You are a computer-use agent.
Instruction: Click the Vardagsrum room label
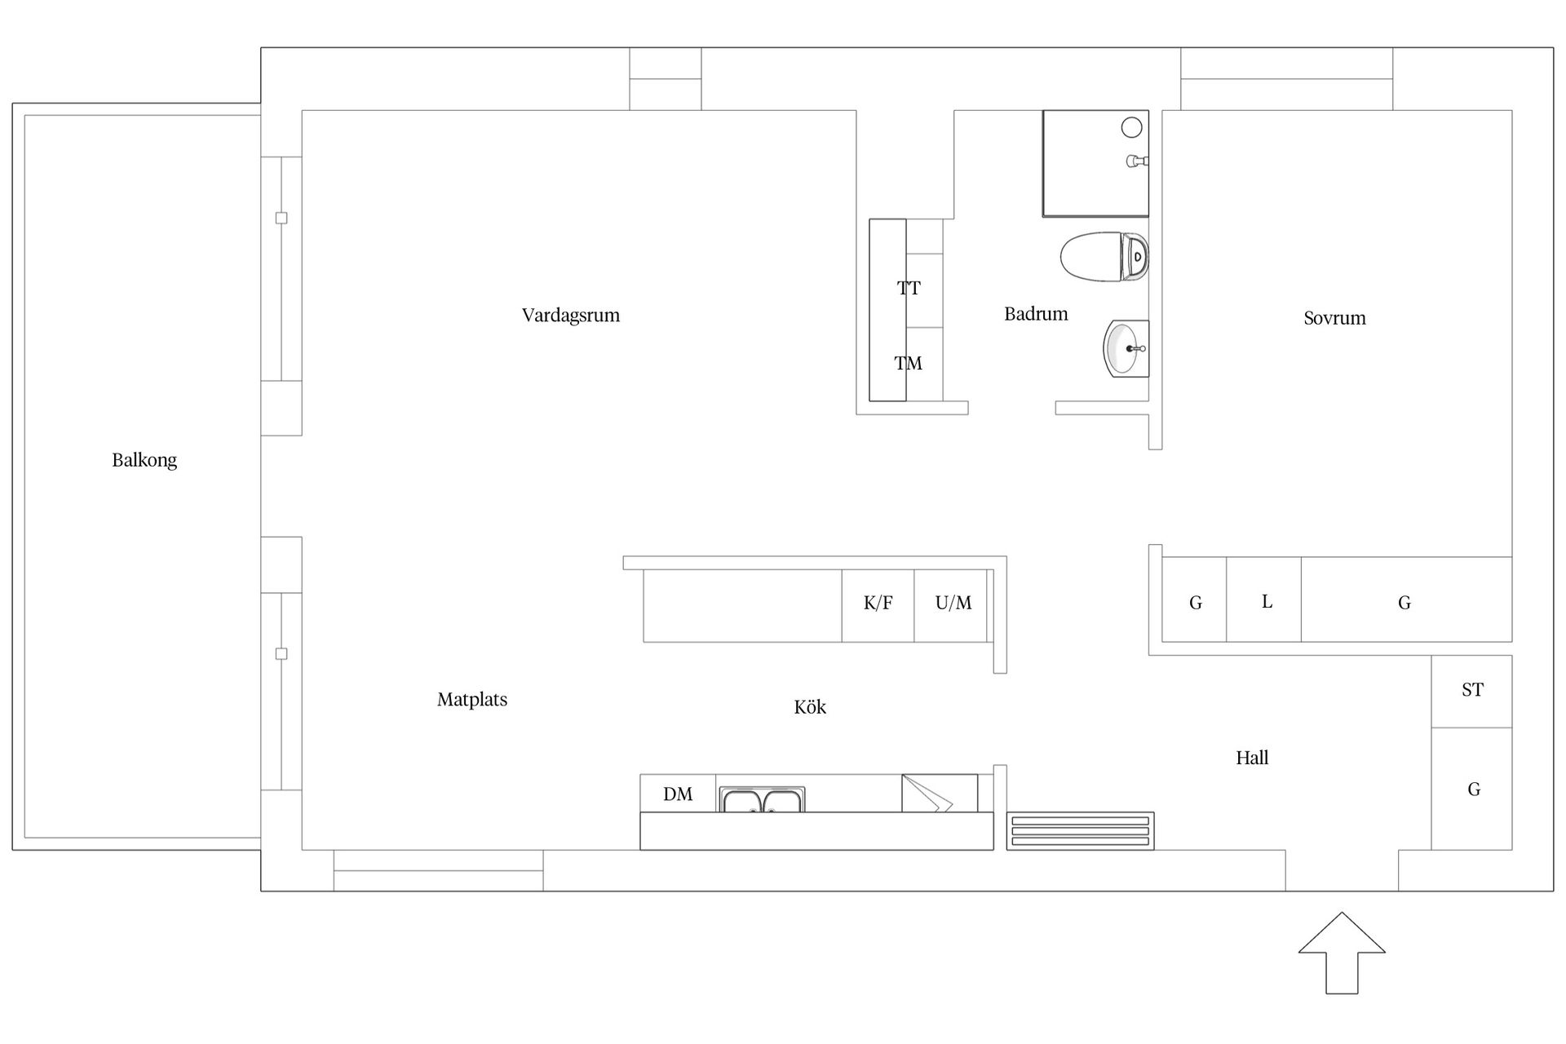571,316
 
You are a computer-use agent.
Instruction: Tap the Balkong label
144,460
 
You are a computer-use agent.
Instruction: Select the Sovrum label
1334,318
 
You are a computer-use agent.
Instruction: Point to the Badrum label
1036,314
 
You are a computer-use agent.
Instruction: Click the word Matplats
472,700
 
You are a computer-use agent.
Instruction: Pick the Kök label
810,707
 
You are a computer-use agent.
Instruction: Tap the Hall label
1252,759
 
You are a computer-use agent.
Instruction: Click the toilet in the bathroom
1104,257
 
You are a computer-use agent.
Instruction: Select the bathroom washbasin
1126,348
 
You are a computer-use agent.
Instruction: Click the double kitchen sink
762,800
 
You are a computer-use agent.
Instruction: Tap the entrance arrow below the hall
1342,953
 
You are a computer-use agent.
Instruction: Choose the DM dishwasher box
678,794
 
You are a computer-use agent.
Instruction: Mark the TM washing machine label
908,364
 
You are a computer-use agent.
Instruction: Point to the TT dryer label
909,288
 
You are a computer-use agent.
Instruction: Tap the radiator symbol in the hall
1080,831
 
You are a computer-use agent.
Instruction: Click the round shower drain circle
1131,127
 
